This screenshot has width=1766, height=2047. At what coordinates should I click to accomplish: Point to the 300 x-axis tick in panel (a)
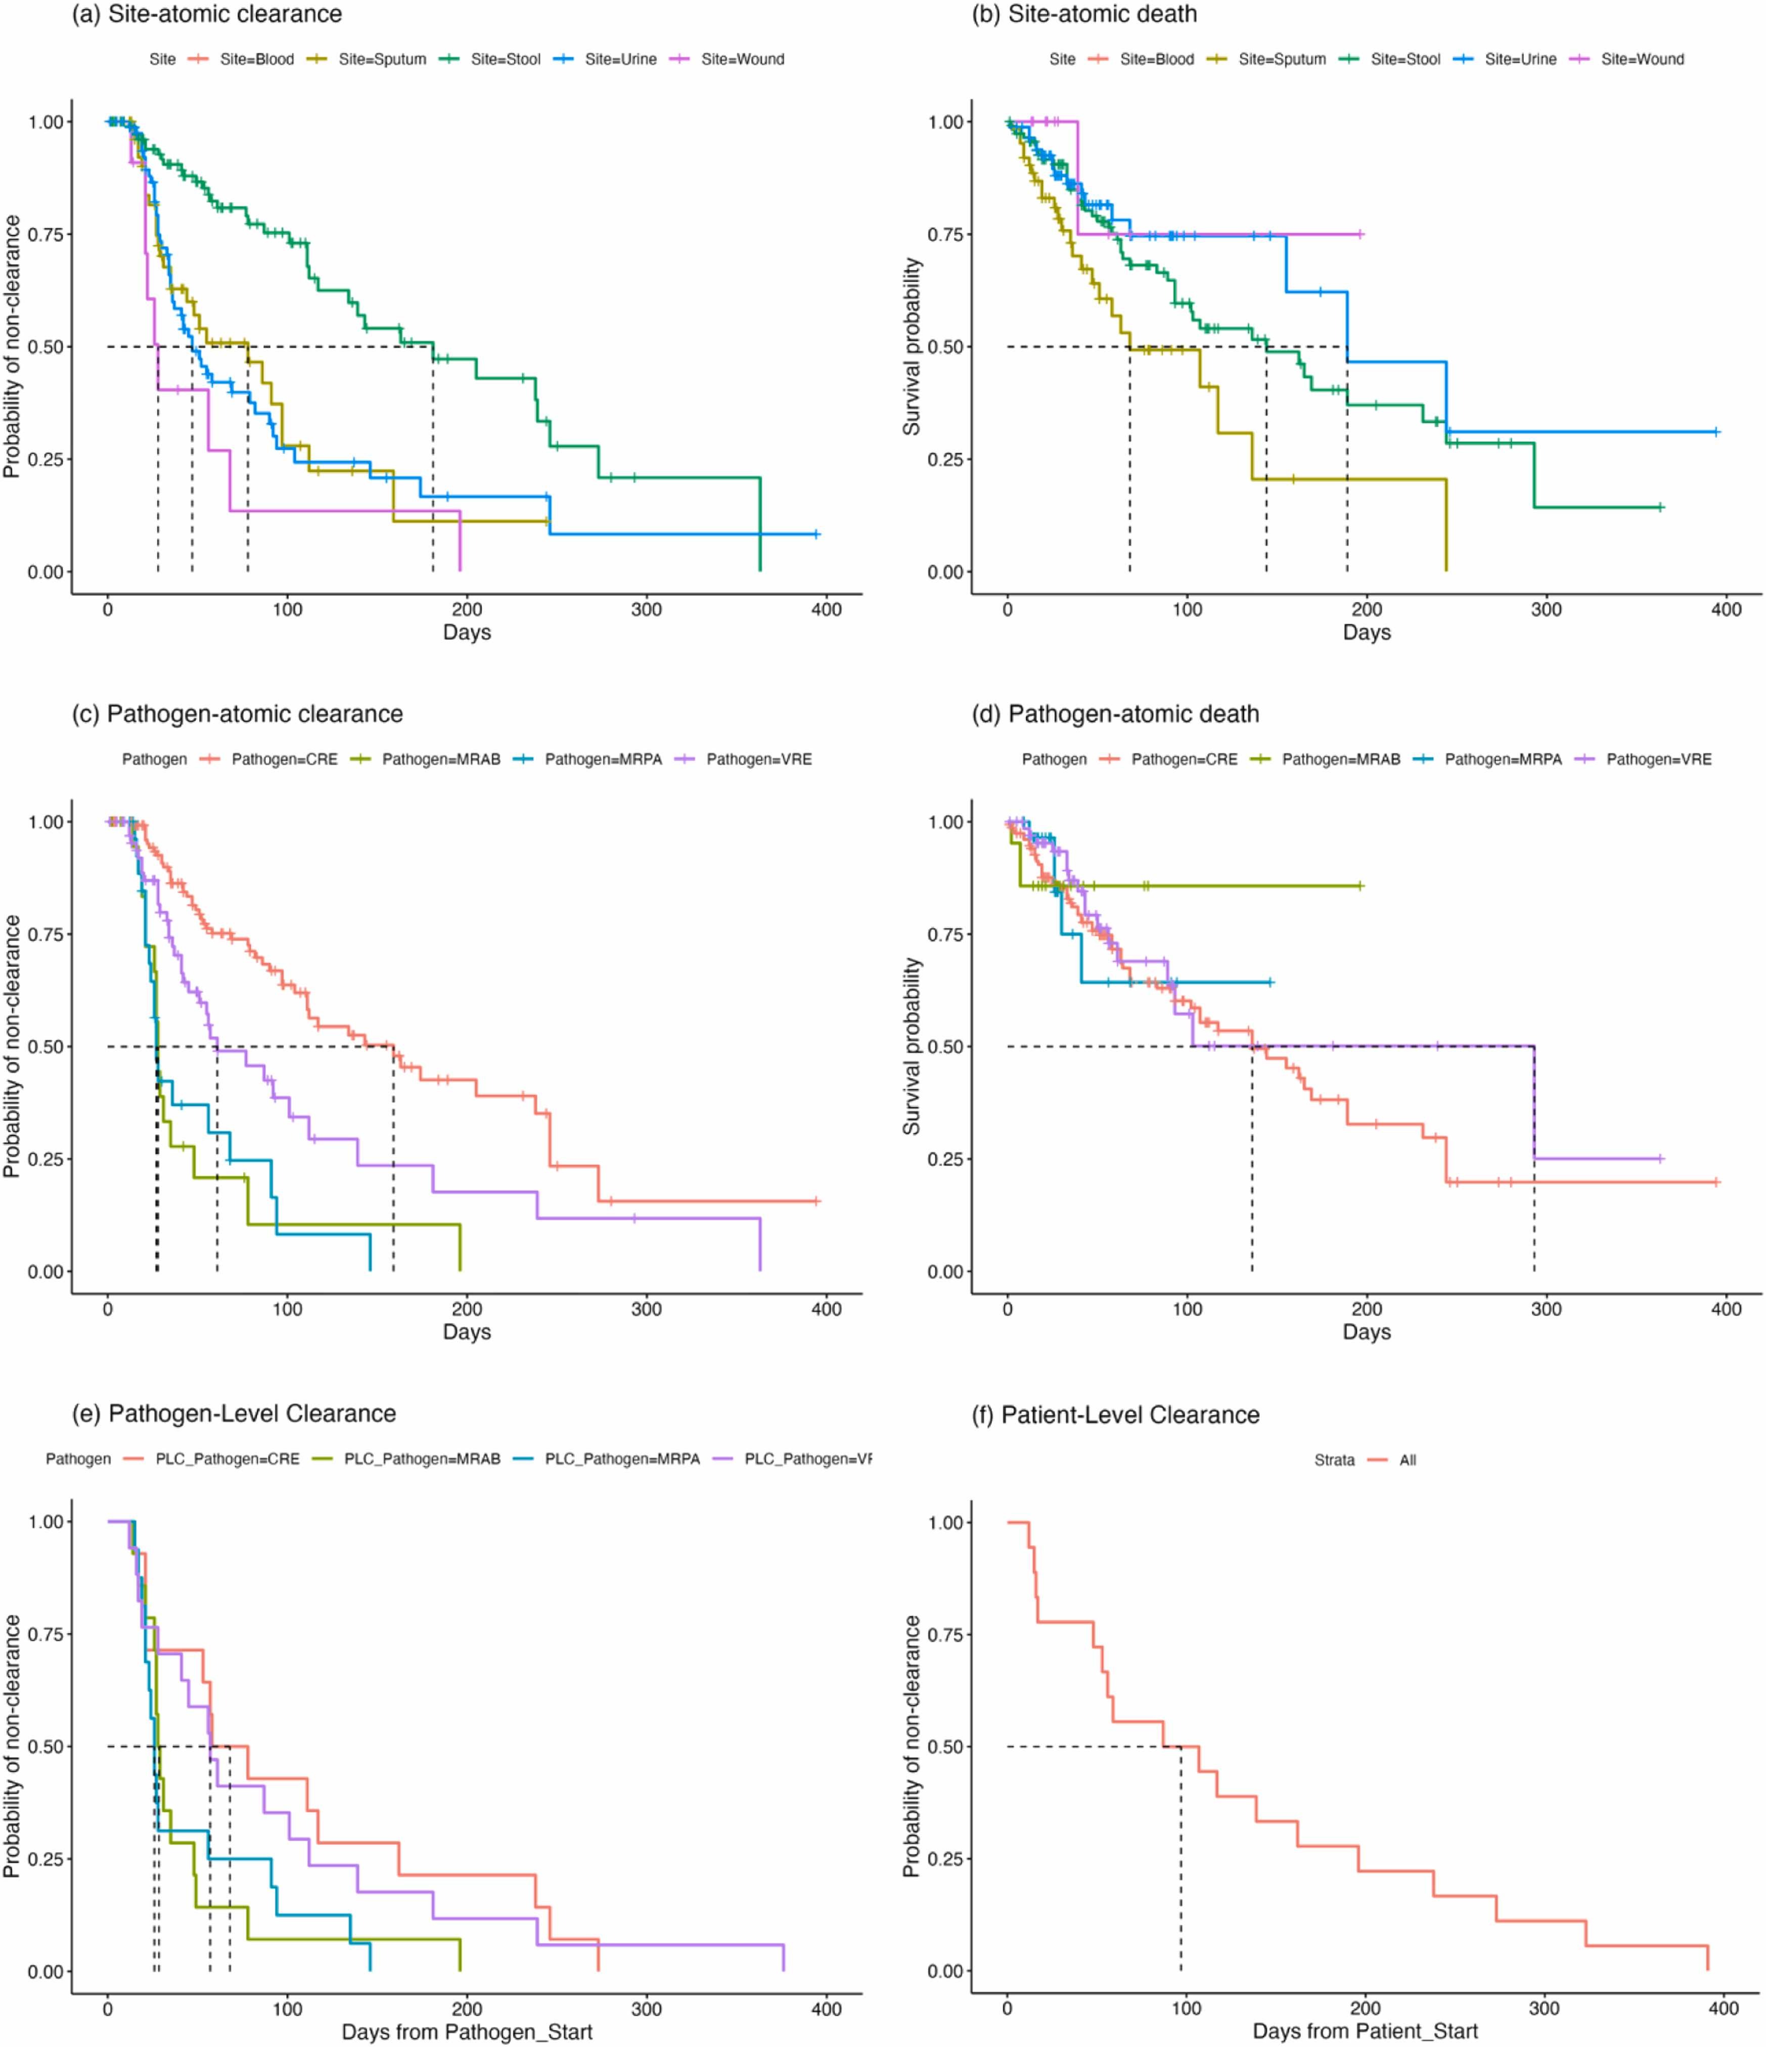pyautogui.click(x=647, y=609)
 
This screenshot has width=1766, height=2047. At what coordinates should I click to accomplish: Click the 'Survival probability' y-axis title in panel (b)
pyautogui.click(x=911, y=347)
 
